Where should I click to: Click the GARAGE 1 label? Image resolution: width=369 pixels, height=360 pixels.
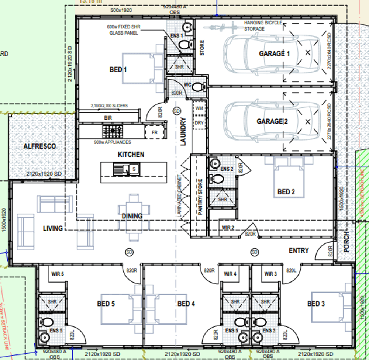tap(274, 54)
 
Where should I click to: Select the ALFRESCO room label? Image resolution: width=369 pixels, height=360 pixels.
tap(39, 146)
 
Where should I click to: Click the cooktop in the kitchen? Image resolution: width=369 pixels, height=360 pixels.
tap(113, 130)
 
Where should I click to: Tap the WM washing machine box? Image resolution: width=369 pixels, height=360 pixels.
tap(199, 108)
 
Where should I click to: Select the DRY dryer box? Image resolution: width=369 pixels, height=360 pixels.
tap(199, 123)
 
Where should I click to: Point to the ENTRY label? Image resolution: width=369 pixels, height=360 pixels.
tap(299, 251)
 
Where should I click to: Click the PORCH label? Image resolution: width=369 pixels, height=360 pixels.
tap(346, 242)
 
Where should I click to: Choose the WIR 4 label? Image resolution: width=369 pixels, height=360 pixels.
tap(230, 274)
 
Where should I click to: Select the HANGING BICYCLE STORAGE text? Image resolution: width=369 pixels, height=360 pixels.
tap(263, 26)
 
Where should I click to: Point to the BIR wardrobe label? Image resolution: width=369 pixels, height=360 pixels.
tap(108, 118)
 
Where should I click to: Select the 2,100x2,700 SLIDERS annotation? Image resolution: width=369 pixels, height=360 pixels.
tap(109, 106)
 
